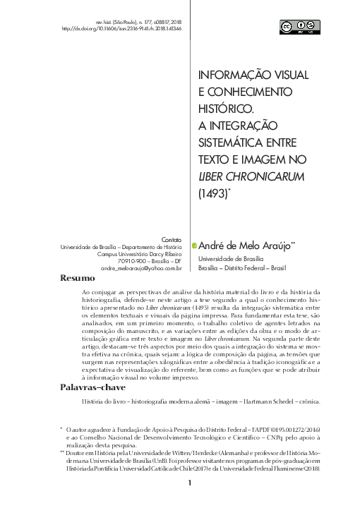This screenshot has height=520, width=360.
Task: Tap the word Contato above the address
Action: click(172, 239)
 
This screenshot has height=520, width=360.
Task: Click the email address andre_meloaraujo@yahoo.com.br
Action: click(141, 268)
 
